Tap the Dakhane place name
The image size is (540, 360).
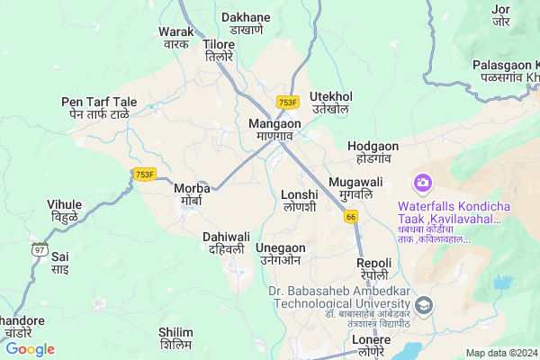click(246, 22)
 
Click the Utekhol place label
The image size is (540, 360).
click(330, 102)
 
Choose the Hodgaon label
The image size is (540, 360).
click(373, 150)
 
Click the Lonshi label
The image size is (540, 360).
click(299, 200)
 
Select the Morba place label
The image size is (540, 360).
click(192, 193)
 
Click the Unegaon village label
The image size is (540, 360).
click(280, 253)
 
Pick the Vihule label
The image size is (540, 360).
click(64, 210)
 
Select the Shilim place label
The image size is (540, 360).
click(175, 337)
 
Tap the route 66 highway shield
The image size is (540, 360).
click(351, 216)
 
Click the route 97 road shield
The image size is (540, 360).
click(39, 249)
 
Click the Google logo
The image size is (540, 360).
click(30, 349)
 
